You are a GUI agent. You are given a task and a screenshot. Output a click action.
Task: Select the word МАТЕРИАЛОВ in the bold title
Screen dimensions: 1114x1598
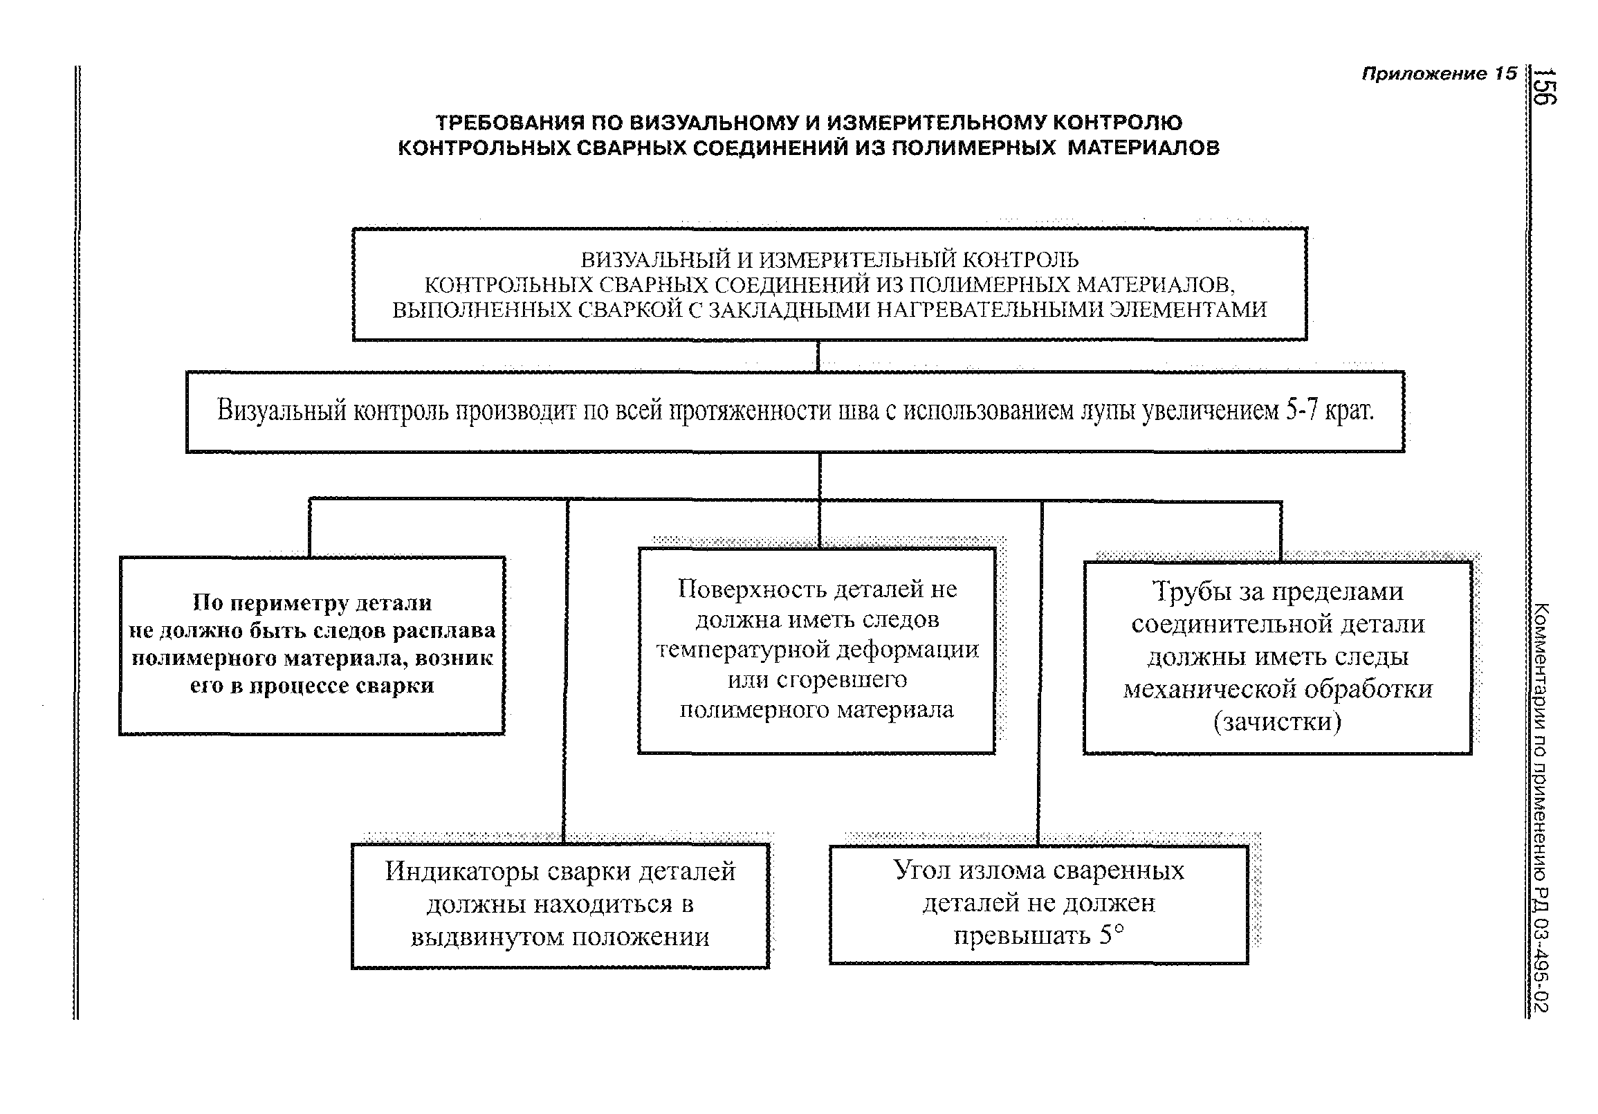(x=1144, y=147)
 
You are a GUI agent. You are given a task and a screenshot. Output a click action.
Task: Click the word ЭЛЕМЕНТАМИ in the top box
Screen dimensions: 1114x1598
(x=1188, y=309)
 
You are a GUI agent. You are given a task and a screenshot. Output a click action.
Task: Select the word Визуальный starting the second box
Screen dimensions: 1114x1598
(x=281, y=411)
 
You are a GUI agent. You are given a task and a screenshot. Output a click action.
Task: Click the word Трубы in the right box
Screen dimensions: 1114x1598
(x=1186, y=592)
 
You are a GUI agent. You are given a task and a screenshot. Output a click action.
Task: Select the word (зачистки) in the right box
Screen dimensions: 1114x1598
(x=1277, y=722)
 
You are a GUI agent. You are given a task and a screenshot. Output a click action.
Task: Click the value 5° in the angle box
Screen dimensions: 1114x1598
(x=1112, y=933)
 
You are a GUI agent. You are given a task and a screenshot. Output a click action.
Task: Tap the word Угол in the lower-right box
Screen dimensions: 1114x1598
(x=921, y=870)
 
